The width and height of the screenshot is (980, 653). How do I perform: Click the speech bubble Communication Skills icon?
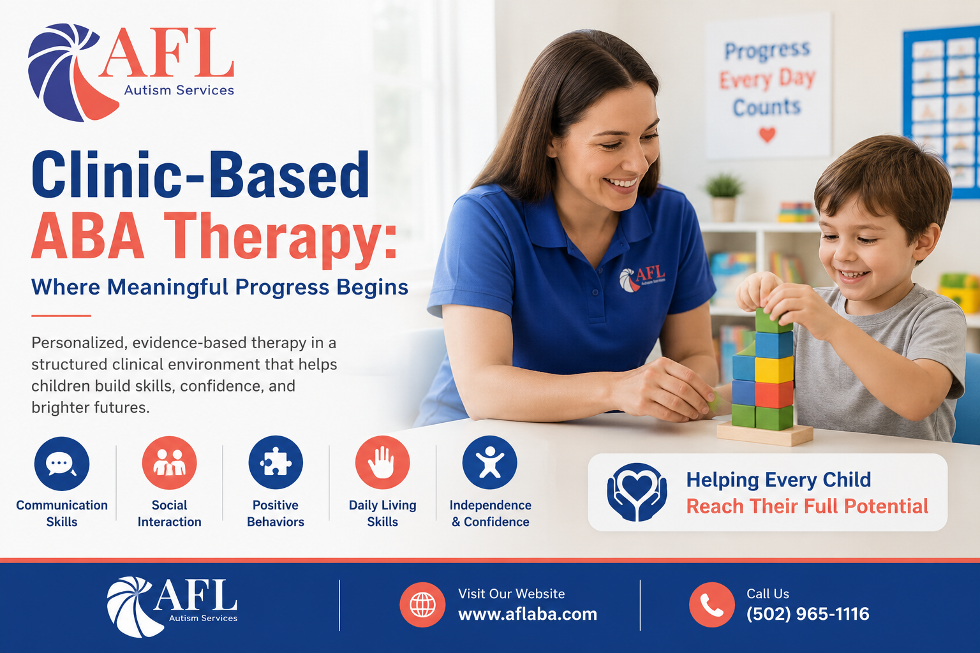click(x=62, y=464)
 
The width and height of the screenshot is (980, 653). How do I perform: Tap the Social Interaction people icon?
click(x=169, y=463)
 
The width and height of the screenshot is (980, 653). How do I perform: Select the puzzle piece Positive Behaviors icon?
click(x=276, y=462)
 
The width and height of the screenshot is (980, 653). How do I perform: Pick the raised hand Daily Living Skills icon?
click(x=382, y=462)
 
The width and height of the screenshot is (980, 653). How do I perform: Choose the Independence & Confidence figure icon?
click(x=489, y=462)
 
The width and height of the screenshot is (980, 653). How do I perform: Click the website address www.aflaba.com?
click(x=528, y=614)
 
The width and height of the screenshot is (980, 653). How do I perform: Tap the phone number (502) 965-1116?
click(x=808, y=614)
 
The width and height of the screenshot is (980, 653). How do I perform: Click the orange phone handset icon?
click(x=712, y=605)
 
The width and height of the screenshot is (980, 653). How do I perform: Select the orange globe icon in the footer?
click(x=422, y=605)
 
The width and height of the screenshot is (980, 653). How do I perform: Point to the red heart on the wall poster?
click(x=767, y=134)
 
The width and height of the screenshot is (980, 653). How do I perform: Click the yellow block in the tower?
click(x=773, y=370)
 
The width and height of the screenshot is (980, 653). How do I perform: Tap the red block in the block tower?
click(x=773, y=394)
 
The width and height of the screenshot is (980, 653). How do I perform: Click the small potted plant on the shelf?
click(x=724, y=197)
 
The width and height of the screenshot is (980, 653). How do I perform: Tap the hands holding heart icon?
click(x=637, y=492)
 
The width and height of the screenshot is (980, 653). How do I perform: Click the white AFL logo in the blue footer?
click(x=172, y=606)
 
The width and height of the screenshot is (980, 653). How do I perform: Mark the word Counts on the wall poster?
click(x=767, y=107)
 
